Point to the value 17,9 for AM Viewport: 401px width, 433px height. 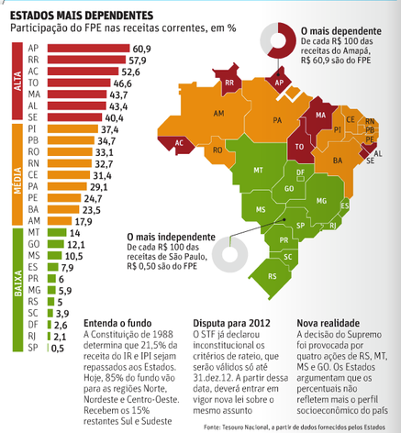coord(84,221)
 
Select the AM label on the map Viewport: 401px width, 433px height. coord(218,114)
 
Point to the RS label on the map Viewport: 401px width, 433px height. coord(271,275)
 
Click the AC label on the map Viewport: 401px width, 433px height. coord(180,144)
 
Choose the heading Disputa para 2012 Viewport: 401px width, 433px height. coord(232,323)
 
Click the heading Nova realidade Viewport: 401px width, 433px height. coord(330,323)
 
